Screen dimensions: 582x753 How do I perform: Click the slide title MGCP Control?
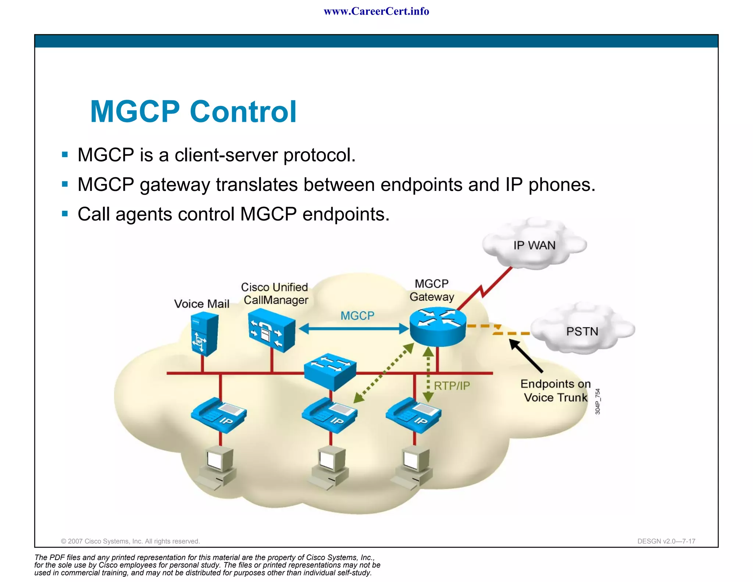(x=193, y=111)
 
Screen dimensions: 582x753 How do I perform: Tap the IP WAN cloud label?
(x=534, y=245)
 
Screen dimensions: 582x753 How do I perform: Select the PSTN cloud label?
(x=582, y=331)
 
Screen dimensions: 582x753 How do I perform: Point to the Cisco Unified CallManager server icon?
(x=272, y=330)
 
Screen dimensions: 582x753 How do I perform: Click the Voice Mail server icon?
(x=204, y=334)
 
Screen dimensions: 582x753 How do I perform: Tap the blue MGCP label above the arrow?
(x=357, y=316)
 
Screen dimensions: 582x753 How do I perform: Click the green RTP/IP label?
(x=452, y=386)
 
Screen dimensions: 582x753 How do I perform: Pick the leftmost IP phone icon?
(x=219, y=415)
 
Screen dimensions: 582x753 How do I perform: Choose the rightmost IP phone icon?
(x=413, y=415)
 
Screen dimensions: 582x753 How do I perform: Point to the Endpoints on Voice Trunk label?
(x=556, y=391)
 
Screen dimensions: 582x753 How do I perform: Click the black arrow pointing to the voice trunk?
(x=526, y=356)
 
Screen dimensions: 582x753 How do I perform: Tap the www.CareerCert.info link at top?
(x=376, y=11)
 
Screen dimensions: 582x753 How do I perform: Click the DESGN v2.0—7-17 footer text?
(x=666, y=541)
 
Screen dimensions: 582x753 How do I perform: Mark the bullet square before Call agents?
(x=65, y=214)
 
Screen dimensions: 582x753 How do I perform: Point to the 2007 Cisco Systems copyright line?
(x=130, y=541)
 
